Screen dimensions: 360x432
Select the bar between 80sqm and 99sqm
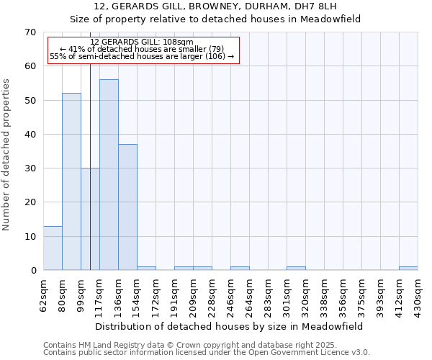(x=71, y=181)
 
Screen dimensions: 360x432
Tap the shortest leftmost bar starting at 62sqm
(x=53, y=248)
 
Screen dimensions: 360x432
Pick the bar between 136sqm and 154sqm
(x=127, y=207)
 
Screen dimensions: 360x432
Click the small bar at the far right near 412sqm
(x=408, y=269)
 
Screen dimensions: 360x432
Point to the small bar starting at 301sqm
(x=296, y=269)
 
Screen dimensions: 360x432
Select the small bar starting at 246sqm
(x=240, y=269)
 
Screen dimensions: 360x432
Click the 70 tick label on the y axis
(x=30, y=32)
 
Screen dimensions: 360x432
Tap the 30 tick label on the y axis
(x=30, y=168)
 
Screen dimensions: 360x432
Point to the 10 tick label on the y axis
(x=30, y=236)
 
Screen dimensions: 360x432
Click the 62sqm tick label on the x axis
(x=44, y=293)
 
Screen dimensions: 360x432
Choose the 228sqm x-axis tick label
(x=212, y=293)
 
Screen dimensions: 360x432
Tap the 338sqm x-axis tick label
(x=325, y=293)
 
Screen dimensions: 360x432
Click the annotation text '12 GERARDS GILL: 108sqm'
(x=143, y=42)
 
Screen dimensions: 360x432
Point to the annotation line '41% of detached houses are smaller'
(x=143, y=49)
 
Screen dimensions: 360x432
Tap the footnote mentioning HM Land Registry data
(x=195, y=345)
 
